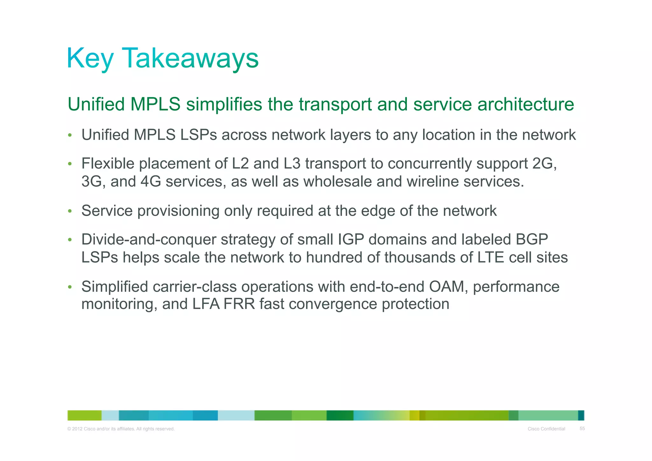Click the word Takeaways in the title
(190, 58)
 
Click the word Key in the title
(90, 58)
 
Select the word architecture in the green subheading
(525, 104)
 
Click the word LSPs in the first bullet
(198, 135)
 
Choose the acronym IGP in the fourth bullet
(348, 240)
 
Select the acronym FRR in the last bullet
(239, 304)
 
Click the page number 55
(582, 429)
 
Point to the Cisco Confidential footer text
(546, 429)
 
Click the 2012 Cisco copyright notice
(121, 429)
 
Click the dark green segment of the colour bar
(340, 415)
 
